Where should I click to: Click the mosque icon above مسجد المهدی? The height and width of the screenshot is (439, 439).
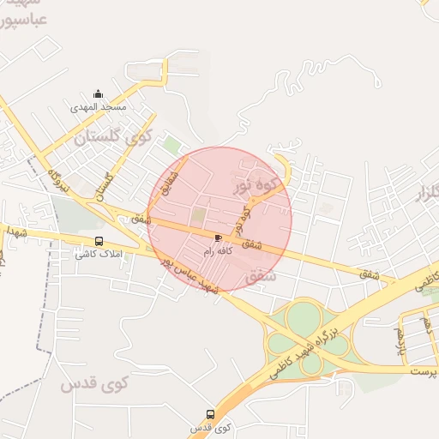coord(98,94)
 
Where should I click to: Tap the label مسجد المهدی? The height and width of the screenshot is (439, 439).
coord(99,107)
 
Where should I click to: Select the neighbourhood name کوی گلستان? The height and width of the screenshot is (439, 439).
coord(112,135)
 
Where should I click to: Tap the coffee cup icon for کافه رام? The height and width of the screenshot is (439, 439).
coord(219,238)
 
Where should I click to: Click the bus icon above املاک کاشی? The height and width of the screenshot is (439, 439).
coord(99,242)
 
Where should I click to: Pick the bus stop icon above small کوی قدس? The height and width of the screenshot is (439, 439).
coord(210,415)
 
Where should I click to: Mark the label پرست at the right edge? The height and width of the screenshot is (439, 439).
coord(423,371)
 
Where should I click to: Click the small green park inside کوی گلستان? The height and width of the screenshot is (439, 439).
coord(172,145)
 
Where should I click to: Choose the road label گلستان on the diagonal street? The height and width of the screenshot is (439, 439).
coord(106,183)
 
